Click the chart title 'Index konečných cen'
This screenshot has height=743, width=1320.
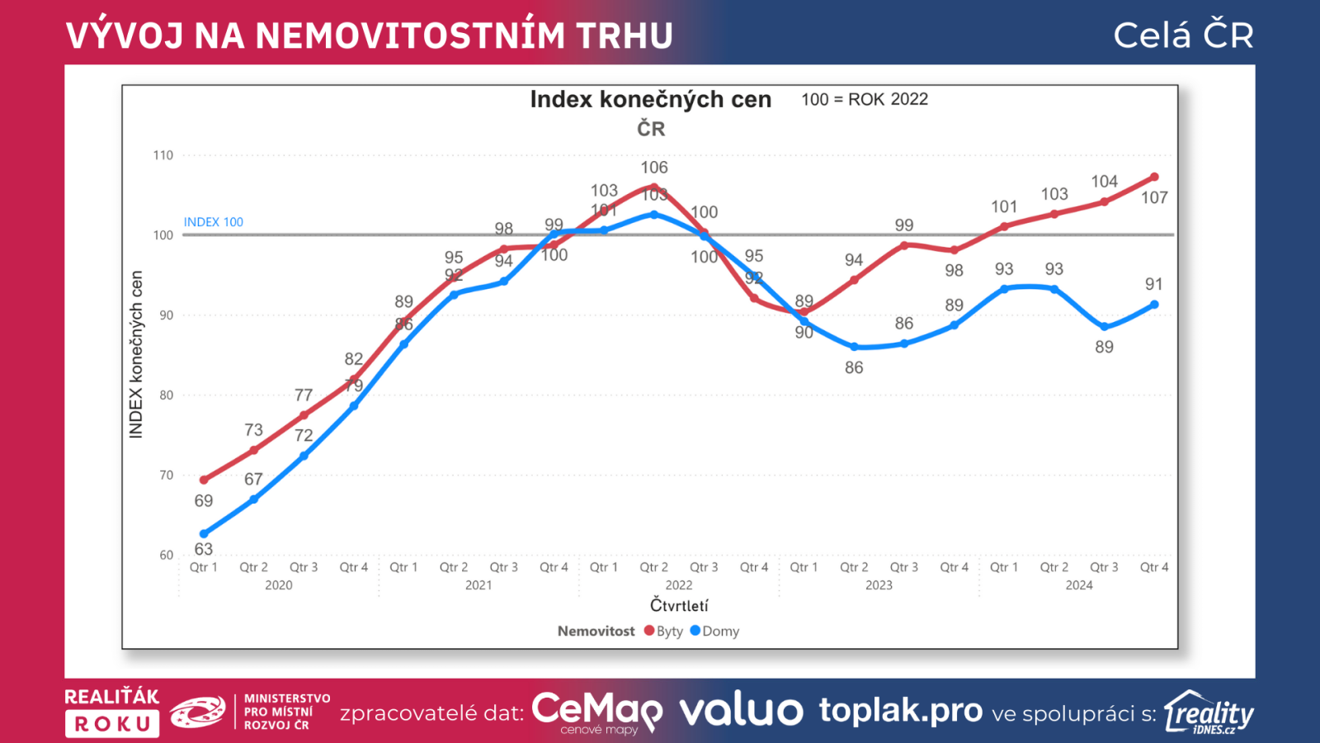[650, 100]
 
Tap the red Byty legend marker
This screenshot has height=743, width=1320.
[649, 631]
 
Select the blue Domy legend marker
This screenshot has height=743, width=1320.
[695, 631]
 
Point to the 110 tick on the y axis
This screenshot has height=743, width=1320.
[163, 155]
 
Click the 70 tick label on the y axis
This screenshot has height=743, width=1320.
[167, 476]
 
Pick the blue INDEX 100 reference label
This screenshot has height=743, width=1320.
[213, 222]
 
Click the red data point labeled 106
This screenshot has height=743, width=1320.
[654, 187]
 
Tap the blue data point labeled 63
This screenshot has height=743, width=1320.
[204, 534]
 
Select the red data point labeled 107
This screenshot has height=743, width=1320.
[1154, 177]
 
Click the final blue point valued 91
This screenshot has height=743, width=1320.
[1154, 305]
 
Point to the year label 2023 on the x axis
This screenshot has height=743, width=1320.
[879, 585]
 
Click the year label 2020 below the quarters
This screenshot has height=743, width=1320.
[279, 585]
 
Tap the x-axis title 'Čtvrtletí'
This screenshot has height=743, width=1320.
[679, 605]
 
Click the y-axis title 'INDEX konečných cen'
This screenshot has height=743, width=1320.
[136, 354]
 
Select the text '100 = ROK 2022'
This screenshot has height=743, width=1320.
[865, 100]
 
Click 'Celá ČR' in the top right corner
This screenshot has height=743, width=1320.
[1183, 35]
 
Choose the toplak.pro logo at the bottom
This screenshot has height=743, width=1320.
[900, 711]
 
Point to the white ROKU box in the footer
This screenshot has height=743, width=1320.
[112, 724]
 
